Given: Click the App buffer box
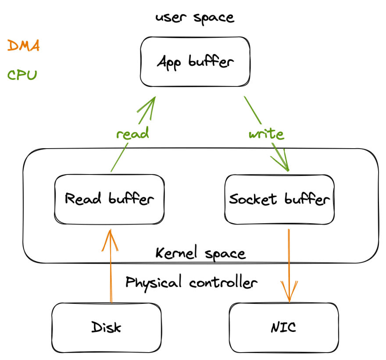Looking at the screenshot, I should tap(195, 62).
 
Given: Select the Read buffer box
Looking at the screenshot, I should tap(109, 199).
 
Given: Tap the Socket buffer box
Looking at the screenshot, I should tap(279, 199).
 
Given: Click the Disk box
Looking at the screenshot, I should tap(107, 327).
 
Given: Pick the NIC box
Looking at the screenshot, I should tap(283, 327).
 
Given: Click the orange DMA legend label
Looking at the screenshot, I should tap(23, 46).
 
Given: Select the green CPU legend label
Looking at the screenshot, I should tap(22, 75).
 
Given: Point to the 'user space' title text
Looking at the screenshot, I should tap(195, 18).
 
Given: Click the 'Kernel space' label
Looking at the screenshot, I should tap(200, 253).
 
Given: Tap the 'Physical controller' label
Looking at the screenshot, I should tap(191, 282).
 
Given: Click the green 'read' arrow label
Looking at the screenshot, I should tap(132, 133).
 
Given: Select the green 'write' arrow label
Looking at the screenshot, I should tap(266, 133).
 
